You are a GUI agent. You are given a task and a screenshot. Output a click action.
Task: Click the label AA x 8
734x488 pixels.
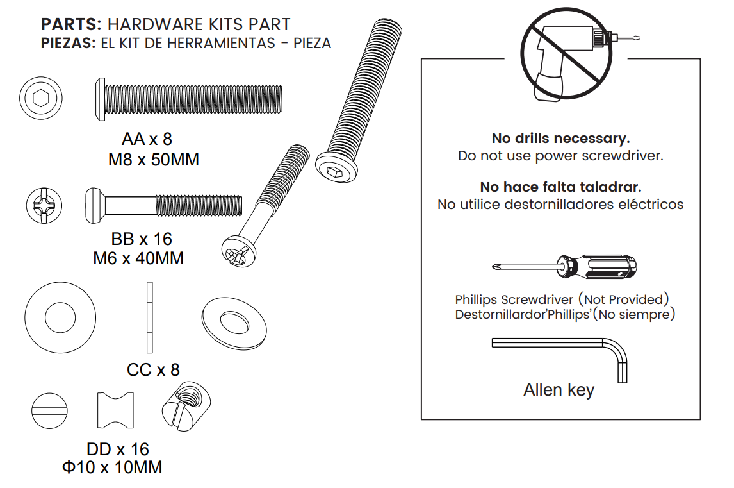[x=147, y=139]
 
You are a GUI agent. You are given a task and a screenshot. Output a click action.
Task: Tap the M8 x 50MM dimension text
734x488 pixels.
[x=153, y=160]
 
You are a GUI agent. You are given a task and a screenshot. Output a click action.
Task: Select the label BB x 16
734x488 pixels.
[x=142, y=239]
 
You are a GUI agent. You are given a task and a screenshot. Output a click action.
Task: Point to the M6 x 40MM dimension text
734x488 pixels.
[x=138, y=258]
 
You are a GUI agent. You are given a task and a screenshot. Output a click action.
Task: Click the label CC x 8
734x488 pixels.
[x=153, y=370]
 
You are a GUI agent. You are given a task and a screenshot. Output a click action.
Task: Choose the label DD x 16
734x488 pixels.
[x=117, y=449]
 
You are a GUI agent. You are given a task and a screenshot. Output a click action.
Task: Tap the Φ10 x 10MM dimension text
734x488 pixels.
[x=112, y=467]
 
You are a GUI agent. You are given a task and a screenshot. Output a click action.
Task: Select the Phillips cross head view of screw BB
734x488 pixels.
[x=45, y=206]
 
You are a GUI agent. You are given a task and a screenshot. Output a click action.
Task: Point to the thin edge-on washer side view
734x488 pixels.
[x=150, y=317]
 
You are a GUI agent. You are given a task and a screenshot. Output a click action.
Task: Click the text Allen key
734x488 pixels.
[x=559, y=390]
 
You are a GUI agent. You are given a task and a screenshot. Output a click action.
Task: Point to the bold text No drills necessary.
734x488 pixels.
[x=560, y=139]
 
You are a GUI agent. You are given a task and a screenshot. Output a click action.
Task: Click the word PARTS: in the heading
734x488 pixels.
[x=71, y=25]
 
